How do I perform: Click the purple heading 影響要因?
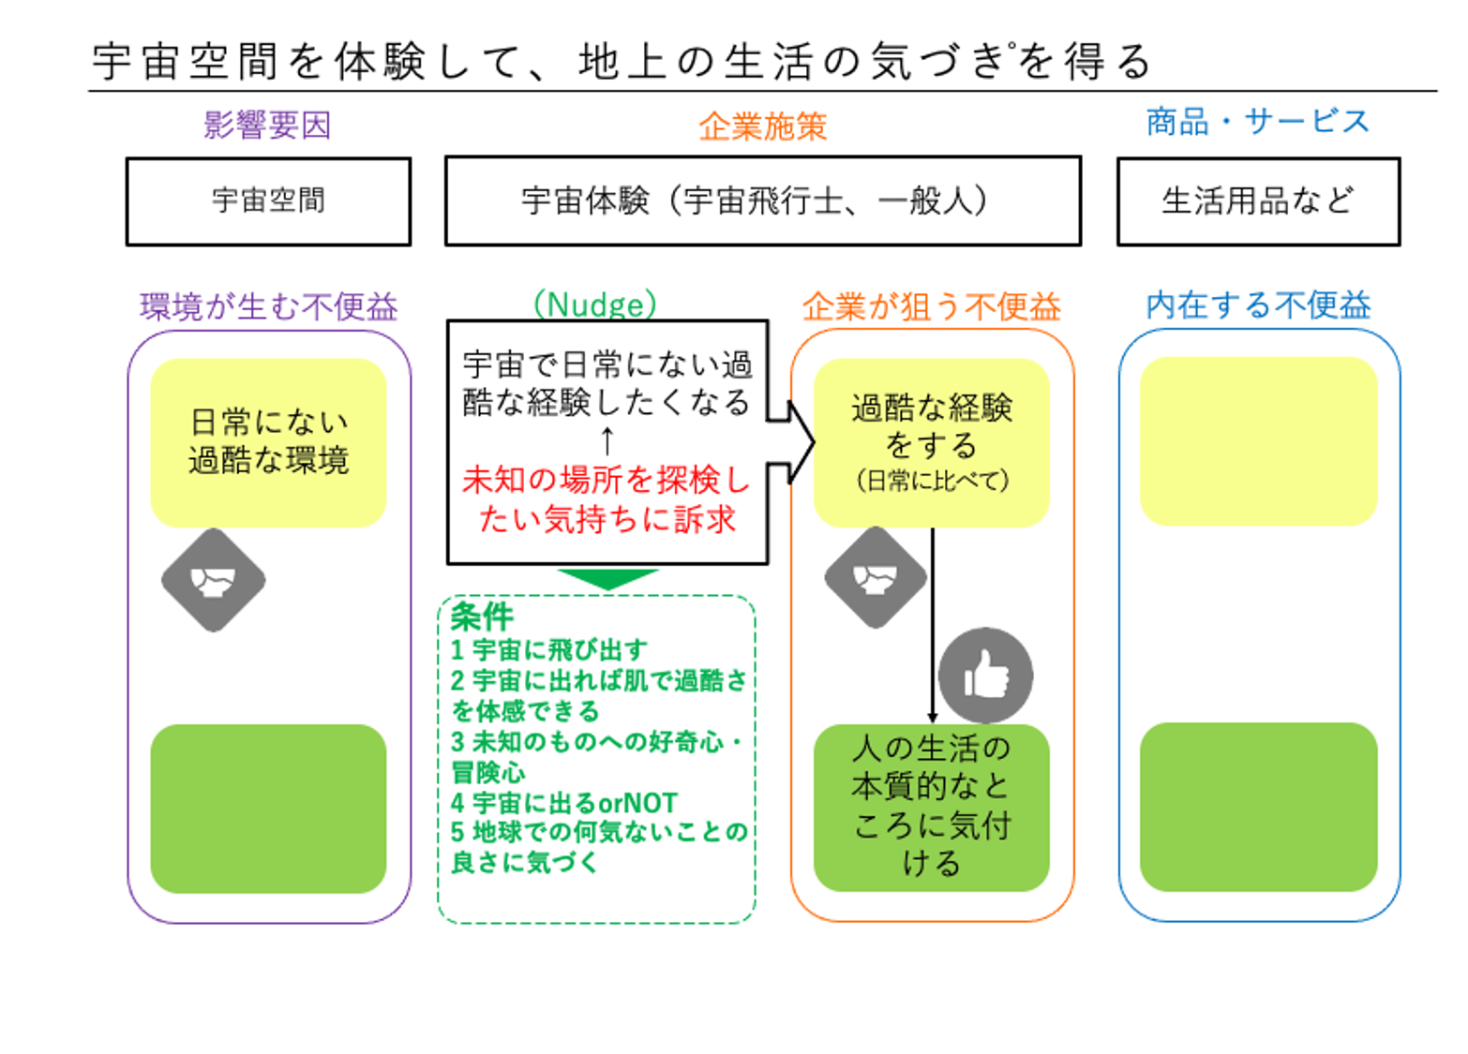click(x=267, y=125)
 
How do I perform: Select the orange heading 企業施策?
click(x=763, y=126)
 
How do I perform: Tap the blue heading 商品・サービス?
click(x=1258, y=122)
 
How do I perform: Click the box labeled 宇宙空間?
click(x=269, y=201)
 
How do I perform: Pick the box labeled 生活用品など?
click(x=1259, y=201)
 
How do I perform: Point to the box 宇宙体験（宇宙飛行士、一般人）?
click(x=763, y=201)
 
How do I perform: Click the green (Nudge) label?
click(x=595, y=304)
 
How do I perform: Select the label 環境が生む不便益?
click(x=269, y=306)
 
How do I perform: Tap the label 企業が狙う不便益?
click(x=932, y=306)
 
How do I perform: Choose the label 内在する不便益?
click(x=1258, y=305)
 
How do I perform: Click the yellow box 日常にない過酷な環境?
click(x=269, y=443)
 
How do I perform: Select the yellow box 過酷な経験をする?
click(x=932, y=443)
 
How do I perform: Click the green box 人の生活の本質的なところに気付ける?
click(x=932, y=808)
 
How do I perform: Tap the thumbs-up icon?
click(x=985, y=675)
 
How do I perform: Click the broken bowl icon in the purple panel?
click(x=214, y=580)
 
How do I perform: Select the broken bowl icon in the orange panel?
click(x=876, y=577)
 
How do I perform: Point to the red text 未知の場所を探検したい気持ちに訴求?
click(x=607, y=499)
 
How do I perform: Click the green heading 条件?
click(x=483, y=616)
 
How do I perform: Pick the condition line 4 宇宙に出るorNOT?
click(x=564, y=803)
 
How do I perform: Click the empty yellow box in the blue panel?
click(x=1258, y=441)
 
